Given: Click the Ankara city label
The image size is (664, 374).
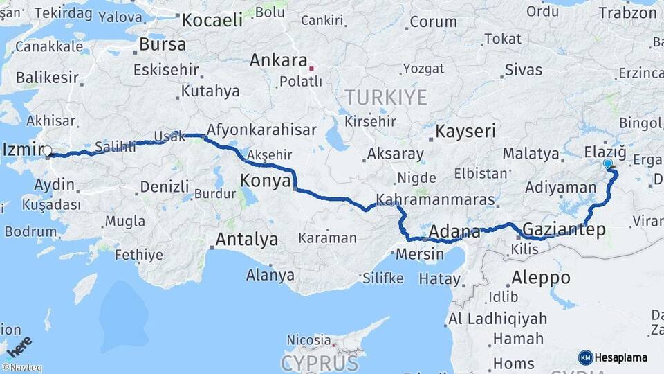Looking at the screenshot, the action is [278, 60].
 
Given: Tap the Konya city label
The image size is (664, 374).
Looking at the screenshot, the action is [264, 181].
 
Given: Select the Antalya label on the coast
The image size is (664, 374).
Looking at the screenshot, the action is [247, 240].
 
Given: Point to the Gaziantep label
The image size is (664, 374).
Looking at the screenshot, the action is [564, 229].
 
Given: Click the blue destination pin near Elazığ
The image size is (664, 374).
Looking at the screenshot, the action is [608, 164].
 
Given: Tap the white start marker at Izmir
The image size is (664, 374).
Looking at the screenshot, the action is [47, 150].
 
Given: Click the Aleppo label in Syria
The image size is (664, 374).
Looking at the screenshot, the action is [541, 278].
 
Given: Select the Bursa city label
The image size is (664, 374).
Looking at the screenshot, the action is [163, 44].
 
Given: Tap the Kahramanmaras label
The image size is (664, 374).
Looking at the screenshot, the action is [435, 201].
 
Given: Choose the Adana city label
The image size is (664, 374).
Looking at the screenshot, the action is [454, 231].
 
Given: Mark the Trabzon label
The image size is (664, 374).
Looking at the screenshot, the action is [627, 12].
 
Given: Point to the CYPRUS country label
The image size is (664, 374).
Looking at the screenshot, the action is [320, 363].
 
